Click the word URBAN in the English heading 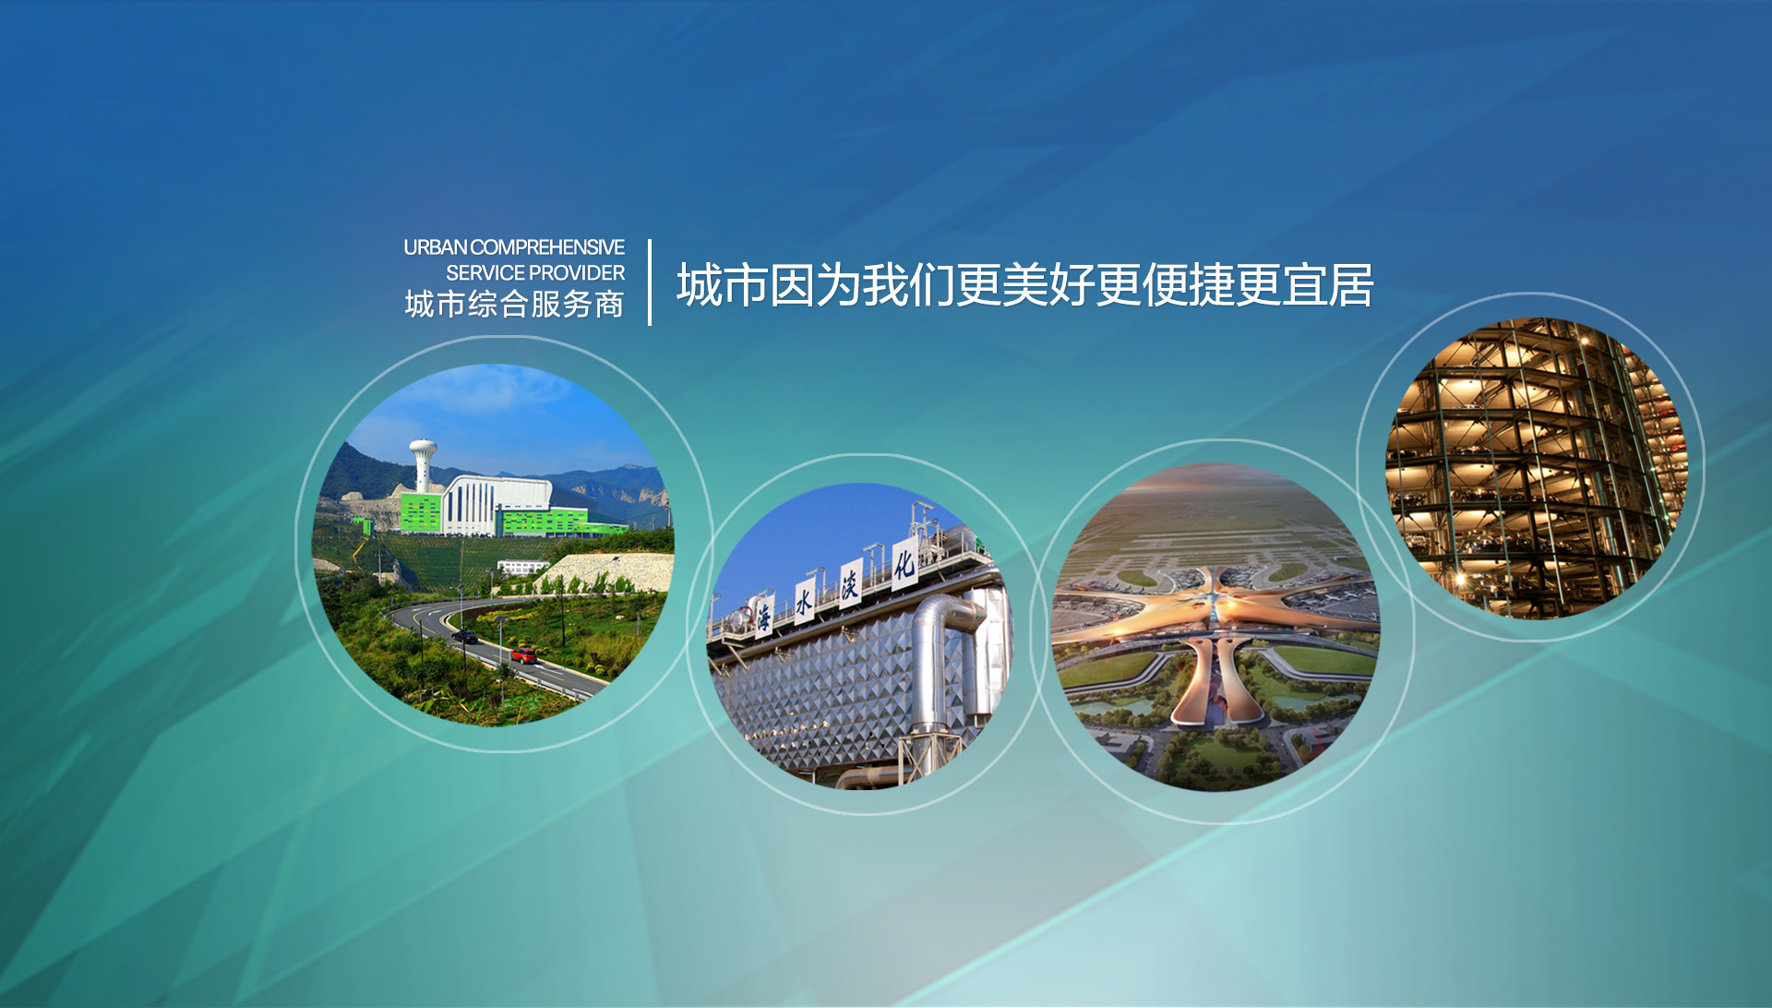tap(436, 247)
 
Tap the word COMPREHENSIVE tap(547, 247)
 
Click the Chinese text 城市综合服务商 tap(514, 305)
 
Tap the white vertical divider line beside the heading tap(650, 282)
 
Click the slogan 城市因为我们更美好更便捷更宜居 tap(1024, 284)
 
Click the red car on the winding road tap(524, 655)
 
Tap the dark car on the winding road tap(464, 636)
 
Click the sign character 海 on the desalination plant tap(764, 617)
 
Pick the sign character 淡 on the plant tap(850, 583)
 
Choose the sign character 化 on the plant tap(904, 563)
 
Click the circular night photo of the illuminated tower tap(1537, 468)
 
